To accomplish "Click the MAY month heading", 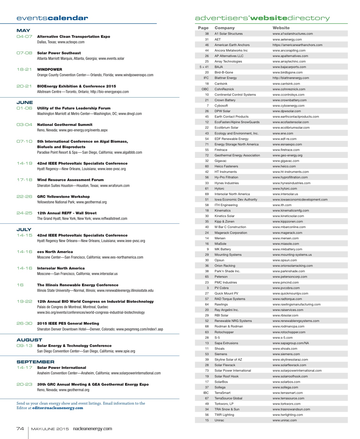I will pos(23,30).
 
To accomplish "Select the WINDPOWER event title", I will pos(49,70).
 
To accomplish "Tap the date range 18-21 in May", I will pos(24,70).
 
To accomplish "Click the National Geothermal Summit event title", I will pos(65,125).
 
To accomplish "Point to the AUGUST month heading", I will pos(29,340).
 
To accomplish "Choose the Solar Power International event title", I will pos(62,368).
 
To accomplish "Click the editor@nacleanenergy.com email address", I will pos(58,408).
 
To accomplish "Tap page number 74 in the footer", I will pos(20,429).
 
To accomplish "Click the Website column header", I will pos(281,28).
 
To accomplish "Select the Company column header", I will pos(225,28).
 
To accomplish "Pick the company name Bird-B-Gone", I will pos(224,73).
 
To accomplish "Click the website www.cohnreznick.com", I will pos(289,89).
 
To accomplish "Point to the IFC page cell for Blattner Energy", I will pos(206,78).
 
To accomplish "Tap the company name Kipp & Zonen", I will pos(224,222).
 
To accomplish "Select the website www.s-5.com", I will pos(283,337).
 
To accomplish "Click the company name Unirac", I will pos(219,420).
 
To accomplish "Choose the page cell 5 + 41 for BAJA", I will pos(204,67).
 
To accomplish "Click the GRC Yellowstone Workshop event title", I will pos(63,197).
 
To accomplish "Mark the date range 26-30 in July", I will pos(24,323).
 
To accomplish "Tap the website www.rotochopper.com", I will pos(289,332).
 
